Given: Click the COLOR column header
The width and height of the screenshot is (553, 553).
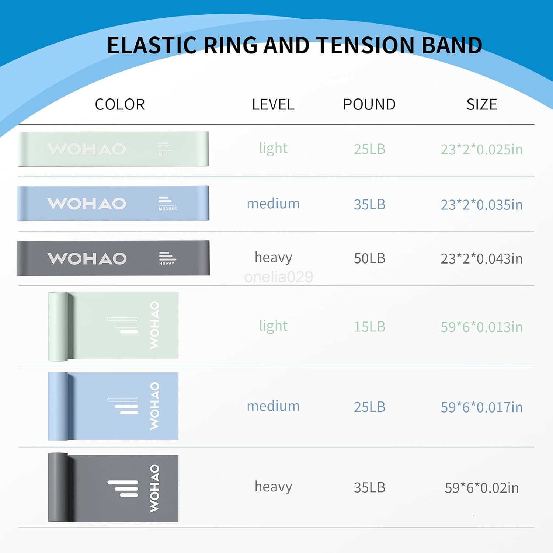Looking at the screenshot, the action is [120, 105].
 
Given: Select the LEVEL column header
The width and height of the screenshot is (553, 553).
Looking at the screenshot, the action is [273, 105].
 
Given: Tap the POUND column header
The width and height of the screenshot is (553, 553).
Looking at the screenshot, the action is [369, 105].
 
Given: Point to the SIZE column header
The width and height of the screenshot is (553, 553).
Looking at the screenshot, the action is [482, 105].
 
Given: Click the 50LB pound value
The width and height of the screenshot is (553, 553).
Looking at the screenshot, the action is [370, 258].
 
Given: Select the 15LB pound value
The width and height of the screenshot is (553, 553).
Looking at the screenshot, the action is [370, 327].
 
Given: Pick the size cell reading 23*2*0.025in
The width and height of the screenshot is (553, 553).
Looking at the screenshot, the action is [482, 149].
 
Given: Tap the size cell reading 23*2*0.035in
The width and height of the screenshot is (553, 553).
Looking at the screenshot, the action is [482, 205].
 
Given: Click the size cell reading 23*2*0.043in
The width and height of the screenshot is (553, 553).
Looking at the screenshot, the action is [482, 259].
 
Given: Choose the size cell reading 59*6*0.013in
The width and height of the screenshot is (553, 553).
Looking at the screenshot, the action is [482, 327].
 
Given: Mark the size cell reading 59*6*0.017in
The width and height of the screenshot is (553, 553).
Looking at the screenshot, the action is [482, 407].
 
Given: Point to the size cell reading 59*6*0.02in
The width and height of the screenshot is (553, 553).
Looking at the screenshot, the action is [482, 488].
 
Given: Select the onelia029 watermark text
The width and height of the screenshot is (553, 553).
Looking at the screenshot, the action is [279, 277].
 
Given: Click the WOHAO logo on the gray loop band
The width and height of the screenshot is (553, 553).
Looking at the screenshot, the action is [87, 258].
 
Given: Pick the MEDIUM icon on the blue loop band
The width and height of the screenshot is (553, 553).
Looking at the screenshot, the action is [167, 204].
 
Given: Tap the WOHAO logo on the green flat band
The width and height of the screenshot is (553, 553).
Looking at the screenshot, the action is [154, 325].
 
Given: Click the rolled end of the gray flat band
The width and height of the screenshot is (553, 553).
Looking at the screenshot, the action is [58, 487].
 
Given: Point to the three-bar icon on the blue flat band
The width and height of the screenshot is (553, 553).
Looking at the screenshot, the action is [123, 406].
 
